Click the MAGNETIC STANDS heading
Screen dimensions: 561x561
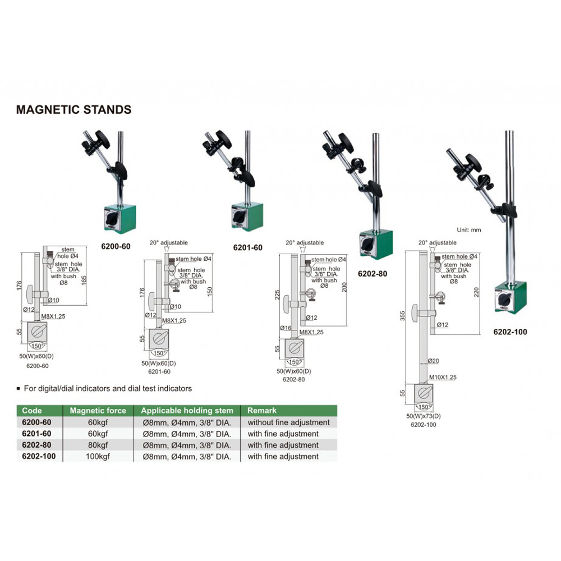[x=73, y=109]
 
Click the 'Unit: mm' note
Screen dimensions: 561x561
[x=468, y=229]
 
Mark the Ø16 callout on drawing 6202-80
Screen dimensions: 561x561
[x=284, y=327]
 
